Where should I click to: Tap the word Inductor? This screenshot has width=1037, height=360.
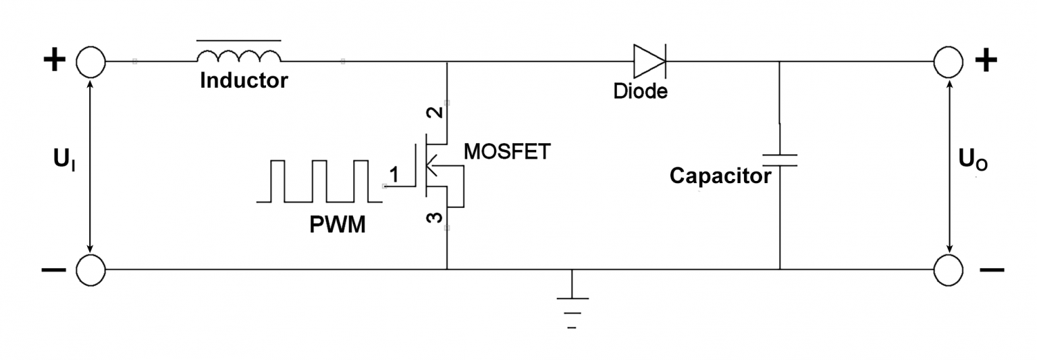244,81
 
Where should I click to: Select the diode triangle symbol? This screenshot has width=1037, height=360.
649,61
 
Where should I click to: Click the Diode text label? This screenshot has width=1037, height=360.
640,91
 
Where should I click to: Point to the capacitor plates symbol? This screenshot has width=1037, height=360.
780,160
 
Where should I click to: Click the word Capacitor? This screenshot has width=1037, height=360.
720,176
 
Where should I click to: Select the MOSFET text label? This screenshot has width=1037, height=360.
507,152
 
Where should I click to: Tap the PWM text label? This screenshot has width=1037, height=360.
338,225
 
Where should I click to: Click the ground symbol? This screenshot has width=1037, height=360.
572,305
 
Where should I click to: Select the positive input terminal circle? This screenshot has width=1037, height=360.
90,61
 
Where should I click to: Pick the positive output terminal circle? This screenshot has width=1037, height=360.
949,61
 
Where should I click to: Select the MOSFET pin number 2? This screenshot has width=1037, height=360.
436,113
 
